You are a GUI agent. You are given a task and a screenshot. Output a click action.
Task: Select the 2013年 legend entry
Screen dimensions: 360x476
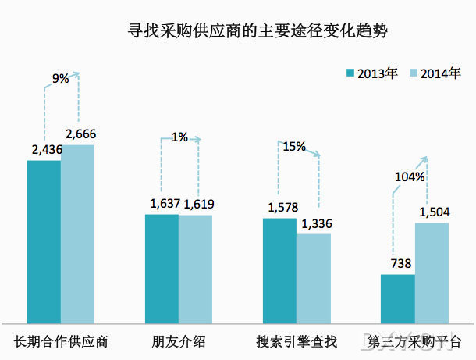coord(372,73)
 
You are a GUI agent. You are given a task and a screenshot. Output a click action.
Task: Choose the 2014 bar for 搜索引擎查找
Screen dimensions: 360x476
coord(314,277)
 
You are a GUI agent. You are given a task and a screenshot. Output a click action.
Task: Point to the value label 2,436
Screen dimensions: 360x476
coord(44,150)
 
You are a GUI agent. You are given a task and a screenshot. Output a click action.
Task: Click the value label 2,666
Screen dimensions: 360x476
coord(81,134)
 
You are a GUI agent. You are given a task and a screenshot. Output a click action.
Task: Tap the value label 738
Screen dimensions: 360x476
coord(399,265)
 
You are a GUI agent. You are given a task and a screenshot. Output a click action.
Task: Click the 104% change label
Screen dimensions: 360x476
coord(410,176)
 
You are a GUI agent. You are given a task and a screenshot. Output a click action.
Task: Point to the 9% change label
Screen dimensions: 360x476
coord(60,78)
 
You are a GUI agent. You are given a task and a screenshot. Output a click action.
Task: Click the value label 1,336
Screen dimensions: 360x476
coord(315,224)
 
